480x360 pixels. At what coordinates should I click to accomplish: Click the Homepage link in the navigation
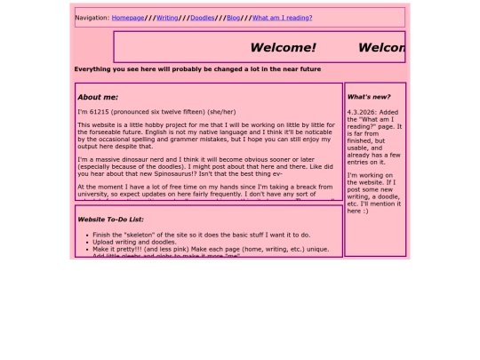point(128,17)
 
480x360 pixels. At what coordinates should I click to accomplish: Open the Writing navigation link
point(167,17)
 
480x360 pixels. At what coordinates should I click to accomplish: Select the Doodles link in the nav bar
point(202,17)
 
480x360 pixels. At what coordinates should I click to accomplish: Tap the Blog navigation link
point(233,17)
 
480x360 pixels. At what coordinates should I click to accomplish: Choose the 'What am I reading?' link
point(282,17)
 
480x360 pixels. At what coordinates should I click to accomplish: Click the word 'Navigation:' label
point(92,17)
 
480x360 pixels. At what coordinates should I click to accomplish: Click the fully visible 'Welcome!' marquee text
point(283,48)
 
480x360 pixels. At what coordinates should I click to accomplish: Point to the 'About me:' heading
point(98,97)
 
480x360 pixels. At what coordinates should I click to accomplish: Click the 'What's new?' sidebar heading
point(369,96)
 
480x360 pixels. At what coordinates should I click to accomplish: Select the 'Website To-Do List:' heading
point(111,219)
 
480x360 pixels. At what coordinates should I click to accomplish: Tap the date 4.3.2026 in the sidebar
point(361,112)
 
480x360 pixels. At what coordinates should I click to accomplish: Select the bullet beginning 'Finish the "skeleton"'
point(133,235)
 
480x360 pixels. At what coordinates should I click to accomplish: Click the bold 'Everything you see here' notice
point(197,68)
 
